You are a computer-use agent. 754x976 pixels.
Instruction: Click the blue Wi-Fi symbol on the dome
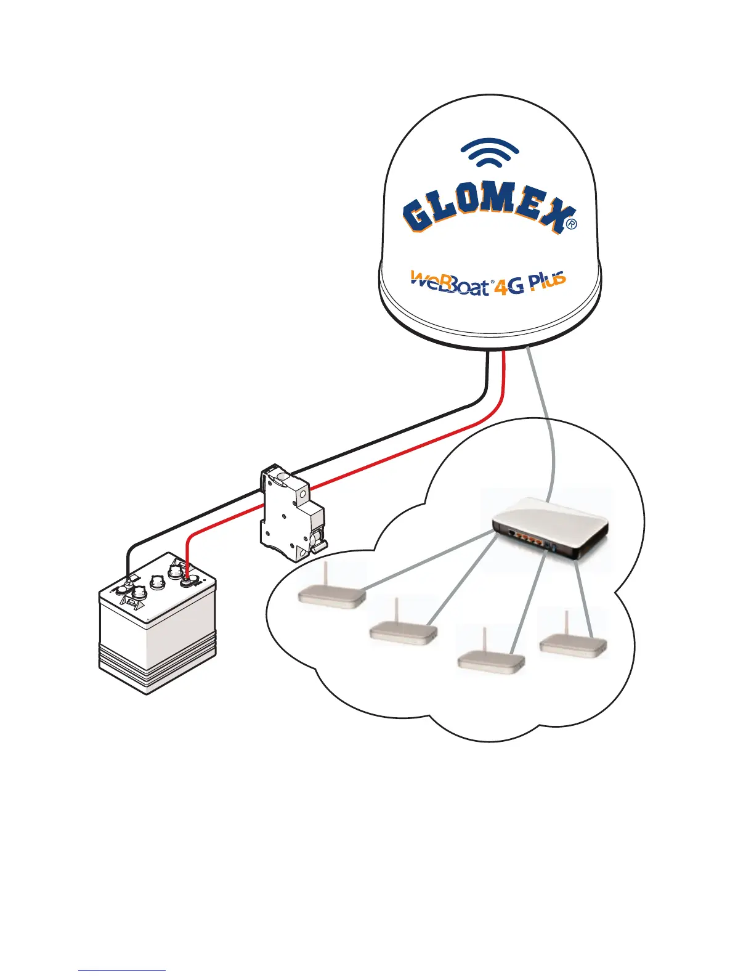(490, 155)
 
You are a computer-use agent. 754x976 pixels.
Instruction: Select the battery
(157, 635)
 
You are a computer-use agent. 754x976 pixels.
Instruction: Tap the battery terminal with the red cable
(186, 577)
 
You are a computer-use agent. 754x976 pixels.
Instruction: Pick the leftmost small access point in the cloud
(331, 595)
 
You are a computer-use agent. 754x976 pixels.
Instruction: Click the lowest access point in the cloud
(490, 662)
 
